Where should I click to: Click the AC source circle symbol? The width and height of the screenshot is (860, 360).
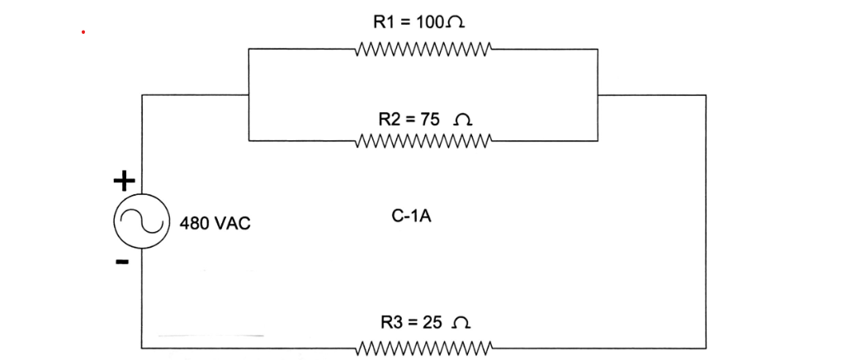(x=132, y=221)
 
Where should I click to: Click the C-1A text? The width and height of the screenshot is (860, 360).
(x=411, y=217)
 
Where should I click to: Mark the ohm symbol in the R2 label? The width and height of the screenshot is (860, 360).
(x=465, y=120)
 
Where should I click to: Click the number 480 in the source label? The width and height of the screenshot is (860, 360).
(x=195, y=223)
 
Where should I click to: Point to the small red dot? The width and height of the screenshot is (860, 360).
(x=83, y=33)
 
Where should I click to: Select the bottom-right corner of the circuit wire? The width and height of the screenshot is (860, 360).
(x=706, y=347)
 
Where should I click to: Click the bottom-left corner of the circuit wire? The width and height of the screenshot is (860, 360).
(x=142, y=346)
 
